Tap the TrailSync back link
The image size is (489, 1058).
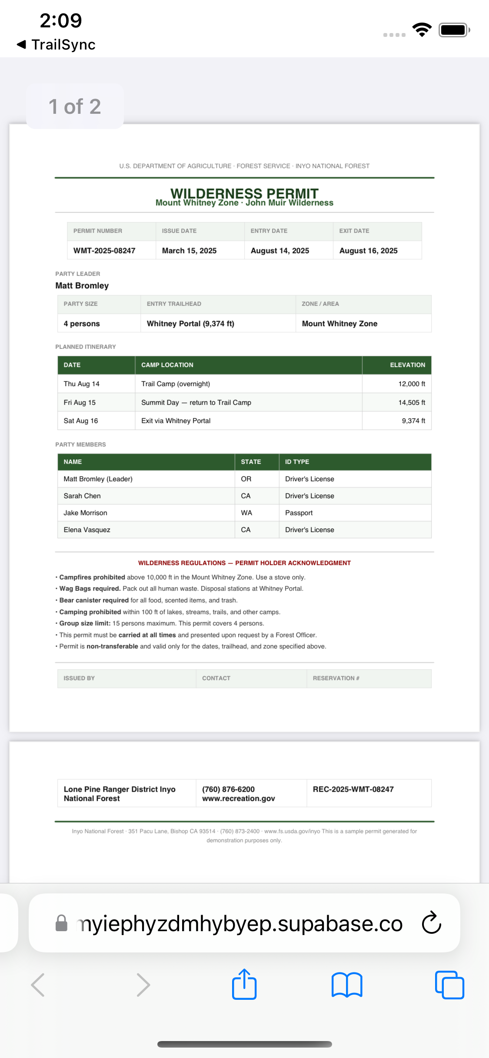(57, 45)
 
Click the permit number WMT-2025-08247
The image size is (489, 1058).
(104, 251)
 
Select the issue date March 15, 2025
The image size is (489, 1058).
(189, 251)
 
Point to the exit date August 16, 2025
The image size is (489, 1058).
(368, 251)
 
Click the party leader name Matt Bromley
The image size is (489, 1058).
(82, 285)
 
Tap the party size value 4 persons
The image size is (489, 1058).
(82, 324)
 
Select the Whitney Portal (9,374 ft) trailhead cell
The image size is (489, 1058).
(190, 324)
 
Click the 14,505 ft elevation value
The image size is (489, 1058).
(412, 403)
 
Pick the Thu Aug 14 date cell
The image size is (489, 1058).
(82, 384)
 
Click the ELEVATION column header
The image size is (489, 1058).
(407, 365)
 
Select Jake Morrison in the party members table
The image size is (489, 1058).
(85, 513)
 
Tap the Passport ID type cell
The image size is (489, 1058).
(299, 513)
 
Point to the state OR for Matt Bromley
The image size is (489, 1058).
(246, 479)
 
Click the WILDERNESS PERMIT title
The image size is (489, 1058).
(244, 193)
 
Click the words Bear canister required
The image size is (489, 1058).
(94, 600)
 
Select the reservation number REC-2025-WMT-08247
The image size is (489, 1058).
(353, 789)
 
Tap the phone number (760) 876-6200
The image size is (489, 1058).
(228, 789)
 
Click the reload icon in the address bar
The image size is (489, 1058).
(431, 922)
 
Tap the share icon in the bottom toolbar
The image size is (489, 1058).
(244, 985)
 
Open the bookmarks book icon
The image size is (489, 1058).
(346, 985)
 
